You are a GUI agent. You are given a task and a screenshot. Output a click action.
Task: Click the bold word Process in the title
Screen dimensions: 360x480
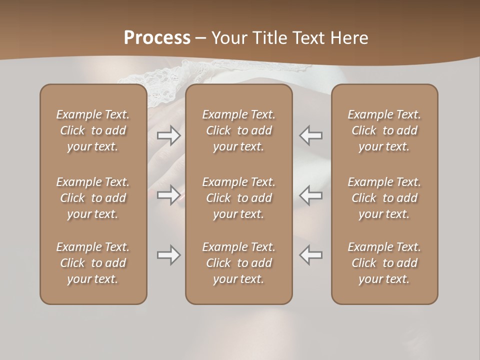[157, 37]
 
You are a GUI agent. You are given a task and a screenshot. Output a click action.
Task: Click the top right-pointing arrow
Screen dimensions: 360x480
[168, 135]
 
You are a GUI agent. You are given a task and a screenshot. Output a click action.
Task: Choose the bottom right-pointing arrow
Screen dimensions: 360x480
[168, 255]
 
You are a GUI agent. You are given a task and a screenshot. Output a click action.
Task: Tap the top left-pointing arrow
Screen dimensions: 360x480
[310, 135]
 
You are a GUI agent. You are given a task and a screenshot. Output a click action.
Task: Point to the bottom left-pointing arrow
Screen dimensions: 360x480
[310, 255]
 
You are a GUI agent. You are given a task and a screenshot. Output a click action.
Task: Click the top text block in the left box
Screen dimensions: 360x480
[93, 130]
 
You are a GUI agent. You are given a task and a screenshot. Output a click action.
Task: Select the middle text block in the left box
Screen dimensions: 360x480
[93, 198]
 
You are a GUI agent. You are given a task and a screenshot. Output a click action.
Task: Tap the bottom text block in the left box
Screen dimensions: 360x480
[93, 263]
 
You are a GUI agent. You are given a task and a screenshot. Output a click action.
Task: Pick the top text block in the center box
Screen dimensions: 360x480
[239, 130]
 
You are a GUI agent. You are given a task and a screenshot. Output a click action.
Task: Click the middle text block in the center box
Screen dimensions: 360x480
[239, 198]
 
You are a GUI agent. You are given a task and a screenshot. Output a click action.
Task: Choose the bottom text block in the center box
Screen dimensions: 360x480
[239, 263]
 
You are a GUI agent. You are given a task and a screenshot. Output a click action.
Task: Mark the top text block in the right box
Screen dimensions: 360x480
[384, 130]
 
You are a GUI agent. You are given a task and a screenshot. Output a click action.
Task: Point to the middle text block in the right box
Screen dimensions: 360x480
[384, 198]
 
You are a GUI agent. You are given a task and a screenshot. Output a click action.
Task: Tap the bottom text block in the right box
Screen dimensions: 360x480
[384, 263]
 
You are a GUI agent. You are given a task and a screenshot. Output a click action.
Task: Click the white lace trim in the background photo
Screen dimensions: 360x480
[160, 75]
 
